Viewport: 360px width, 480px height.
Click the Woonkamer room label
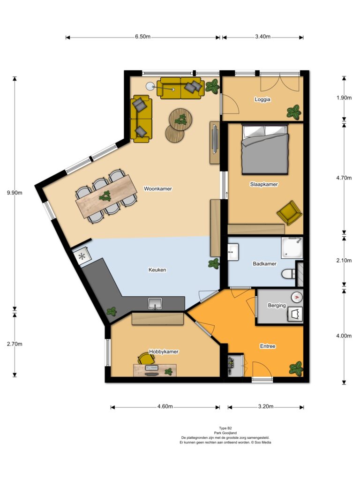click(x=158, y=188)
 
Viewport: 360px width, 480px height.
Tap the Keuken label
click(x=157, y=270)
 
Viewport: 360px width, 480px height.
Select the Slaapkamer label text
click(x=264, y=184)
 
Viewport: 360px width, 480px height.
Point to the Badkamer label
click(x=264, y=263)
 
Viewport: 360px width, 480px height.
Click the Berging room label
click(x=277, y=305)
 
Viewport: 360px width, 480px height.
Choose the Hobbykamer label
click(x=164, y=352)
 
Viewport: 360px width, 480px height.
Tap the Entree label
click(x=268, y=346)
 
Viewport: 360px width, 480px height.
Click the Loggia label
click(x=262, y=99)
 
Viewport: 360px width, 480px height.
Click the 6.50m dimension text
click(x=142, y=37)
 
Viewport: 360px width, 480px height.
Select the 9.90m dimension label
click(x=15, y=193)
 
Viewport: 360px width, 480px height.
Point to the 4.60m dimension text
click(x=165, y=406)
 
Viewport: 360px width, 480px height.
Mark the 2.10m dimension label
click(x=344, y=261)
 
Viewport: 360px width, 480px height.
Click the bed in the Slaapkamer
click(x=265, y=149)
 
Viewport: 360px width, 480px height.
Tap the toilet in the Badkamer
click(x=288, y=273)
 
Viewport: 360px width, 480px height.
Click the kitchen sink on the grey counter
click(x=155, y=303)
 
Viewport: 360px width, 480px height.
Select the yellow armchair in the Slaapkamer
click(x=289, y=212)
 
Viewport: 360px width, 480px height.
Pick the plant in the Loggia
click(x=294, y=112)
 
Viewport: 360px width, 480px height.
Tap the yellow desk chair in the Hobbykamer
click(x=144, y=359)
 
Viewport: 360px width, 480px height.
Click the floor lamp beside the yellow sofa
click(x=150, y=87)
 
